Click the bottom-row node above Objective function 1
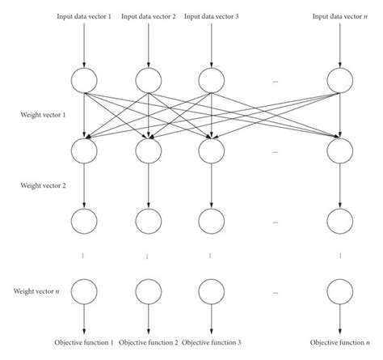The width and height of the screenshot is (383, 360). click(x=83, y=290)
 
